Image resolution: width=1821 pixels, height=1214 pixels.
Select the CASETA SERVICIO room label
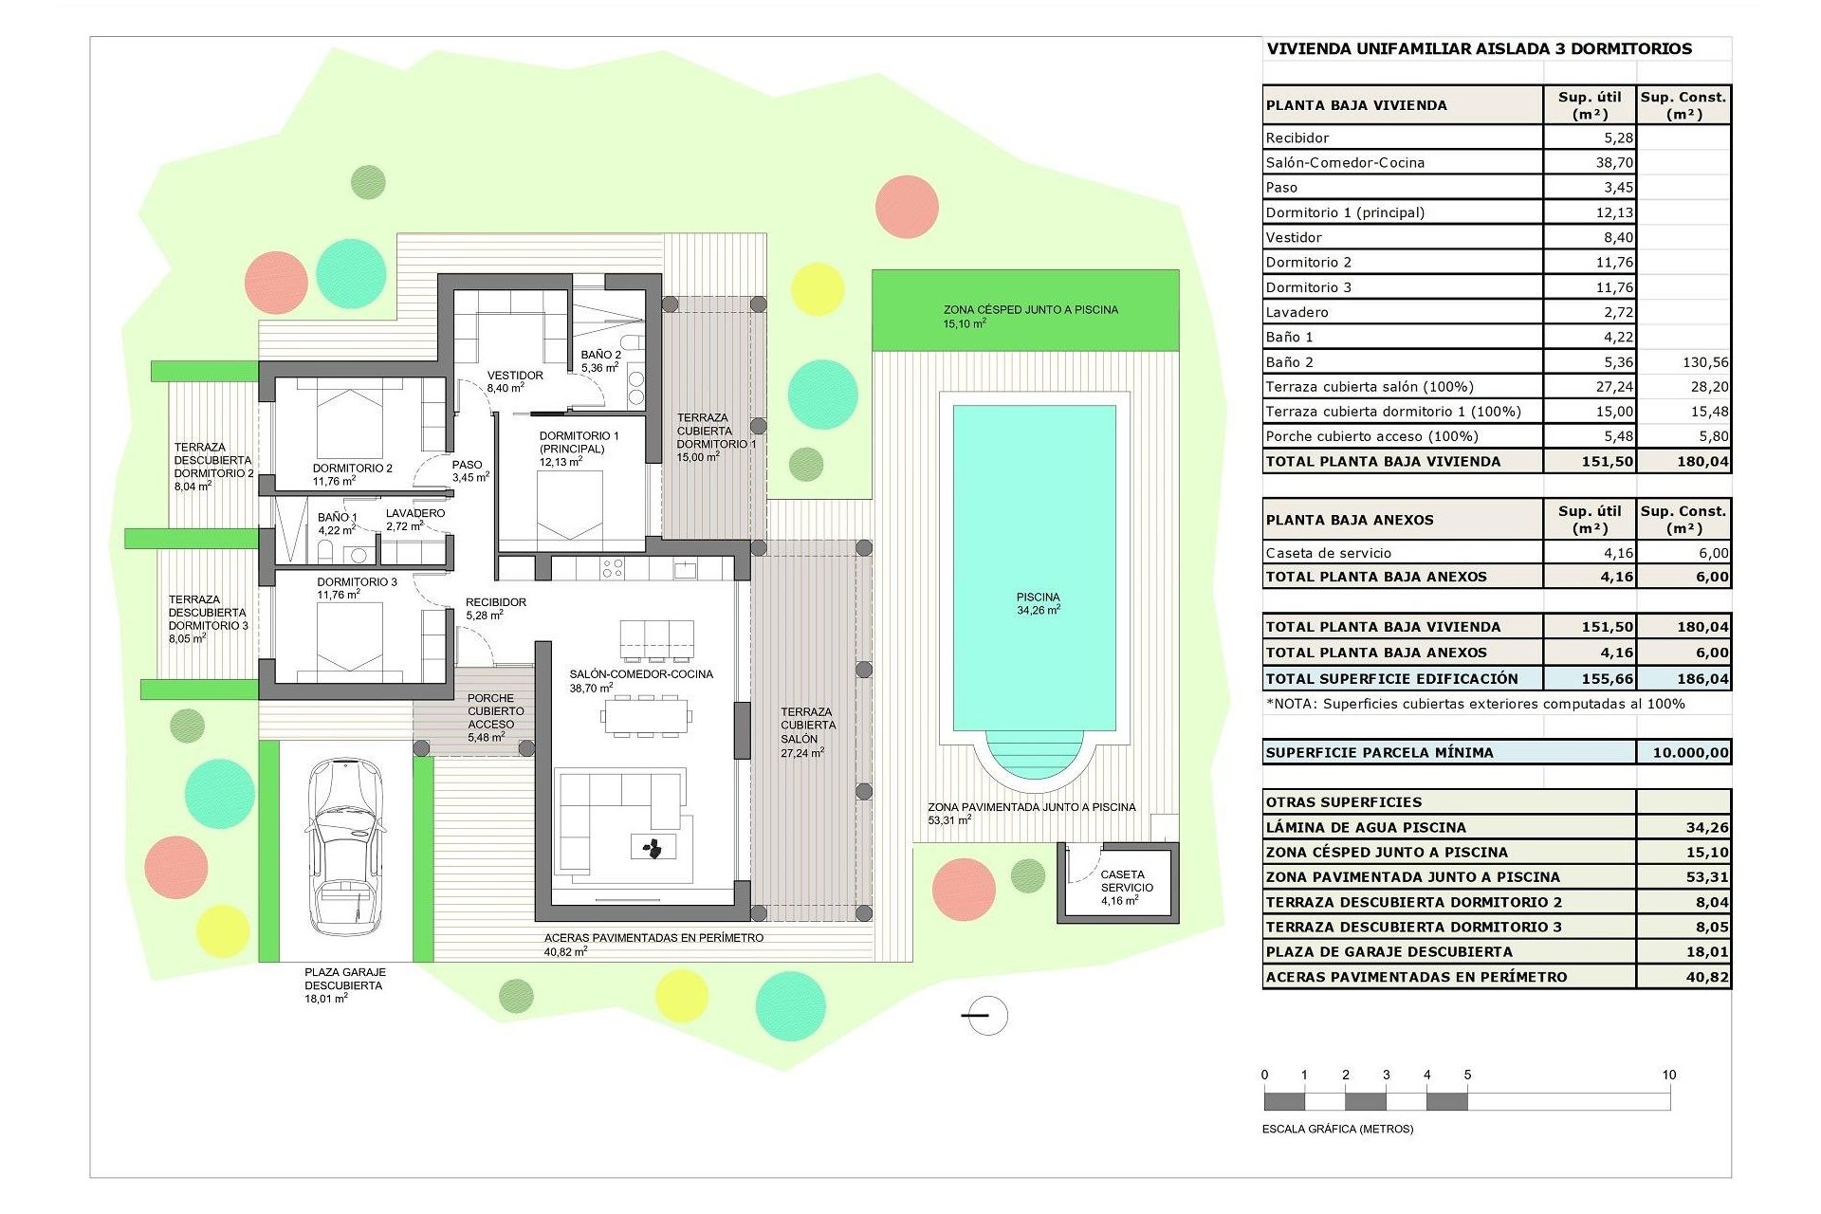click(1126, 881)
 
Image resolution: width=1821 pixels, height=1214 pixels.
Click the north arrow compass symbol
click(987, 1016)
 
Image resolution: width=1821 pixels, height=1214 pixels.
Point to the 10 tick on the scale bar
click(1668, 1075)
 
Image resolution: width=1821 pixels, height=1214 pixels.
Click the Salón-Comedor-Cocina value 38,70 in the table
click(1613, 163)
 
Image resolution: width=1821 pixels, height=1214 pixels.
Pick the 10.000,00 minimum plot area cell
click(1689, 753)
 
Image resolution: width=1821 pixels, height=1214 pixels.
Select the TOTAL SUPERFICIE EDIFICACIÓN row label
click(1391, 679)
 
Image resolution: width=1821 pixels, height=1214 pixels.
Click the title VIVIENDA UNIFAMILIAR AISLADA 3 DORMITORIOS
click(1479, 49)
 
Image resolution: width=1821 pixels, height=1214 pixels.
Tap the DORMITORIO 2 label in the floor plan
click(352, 469)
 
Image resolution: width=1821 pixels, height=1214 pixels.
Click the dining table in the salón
click(645, 715)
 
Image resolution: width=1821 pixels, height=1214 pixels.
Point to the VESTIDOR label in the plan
click(515, 376)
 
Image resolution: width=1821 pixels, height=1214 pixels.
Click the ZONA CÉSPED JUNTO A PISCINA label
click(1030, 310)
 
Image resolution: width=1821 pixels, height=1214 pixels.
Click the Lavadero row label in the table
click(1297, 312)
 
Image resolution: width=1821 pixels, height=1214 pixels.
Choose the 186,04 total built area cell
click(1701, 679)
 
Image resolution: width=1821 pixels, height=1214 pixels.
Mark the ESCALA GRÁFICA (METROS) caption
click(1337, 1129)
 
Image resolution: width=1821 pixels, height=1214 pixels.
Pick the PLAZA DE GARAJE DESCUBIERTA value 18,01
click(1706, 952)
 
